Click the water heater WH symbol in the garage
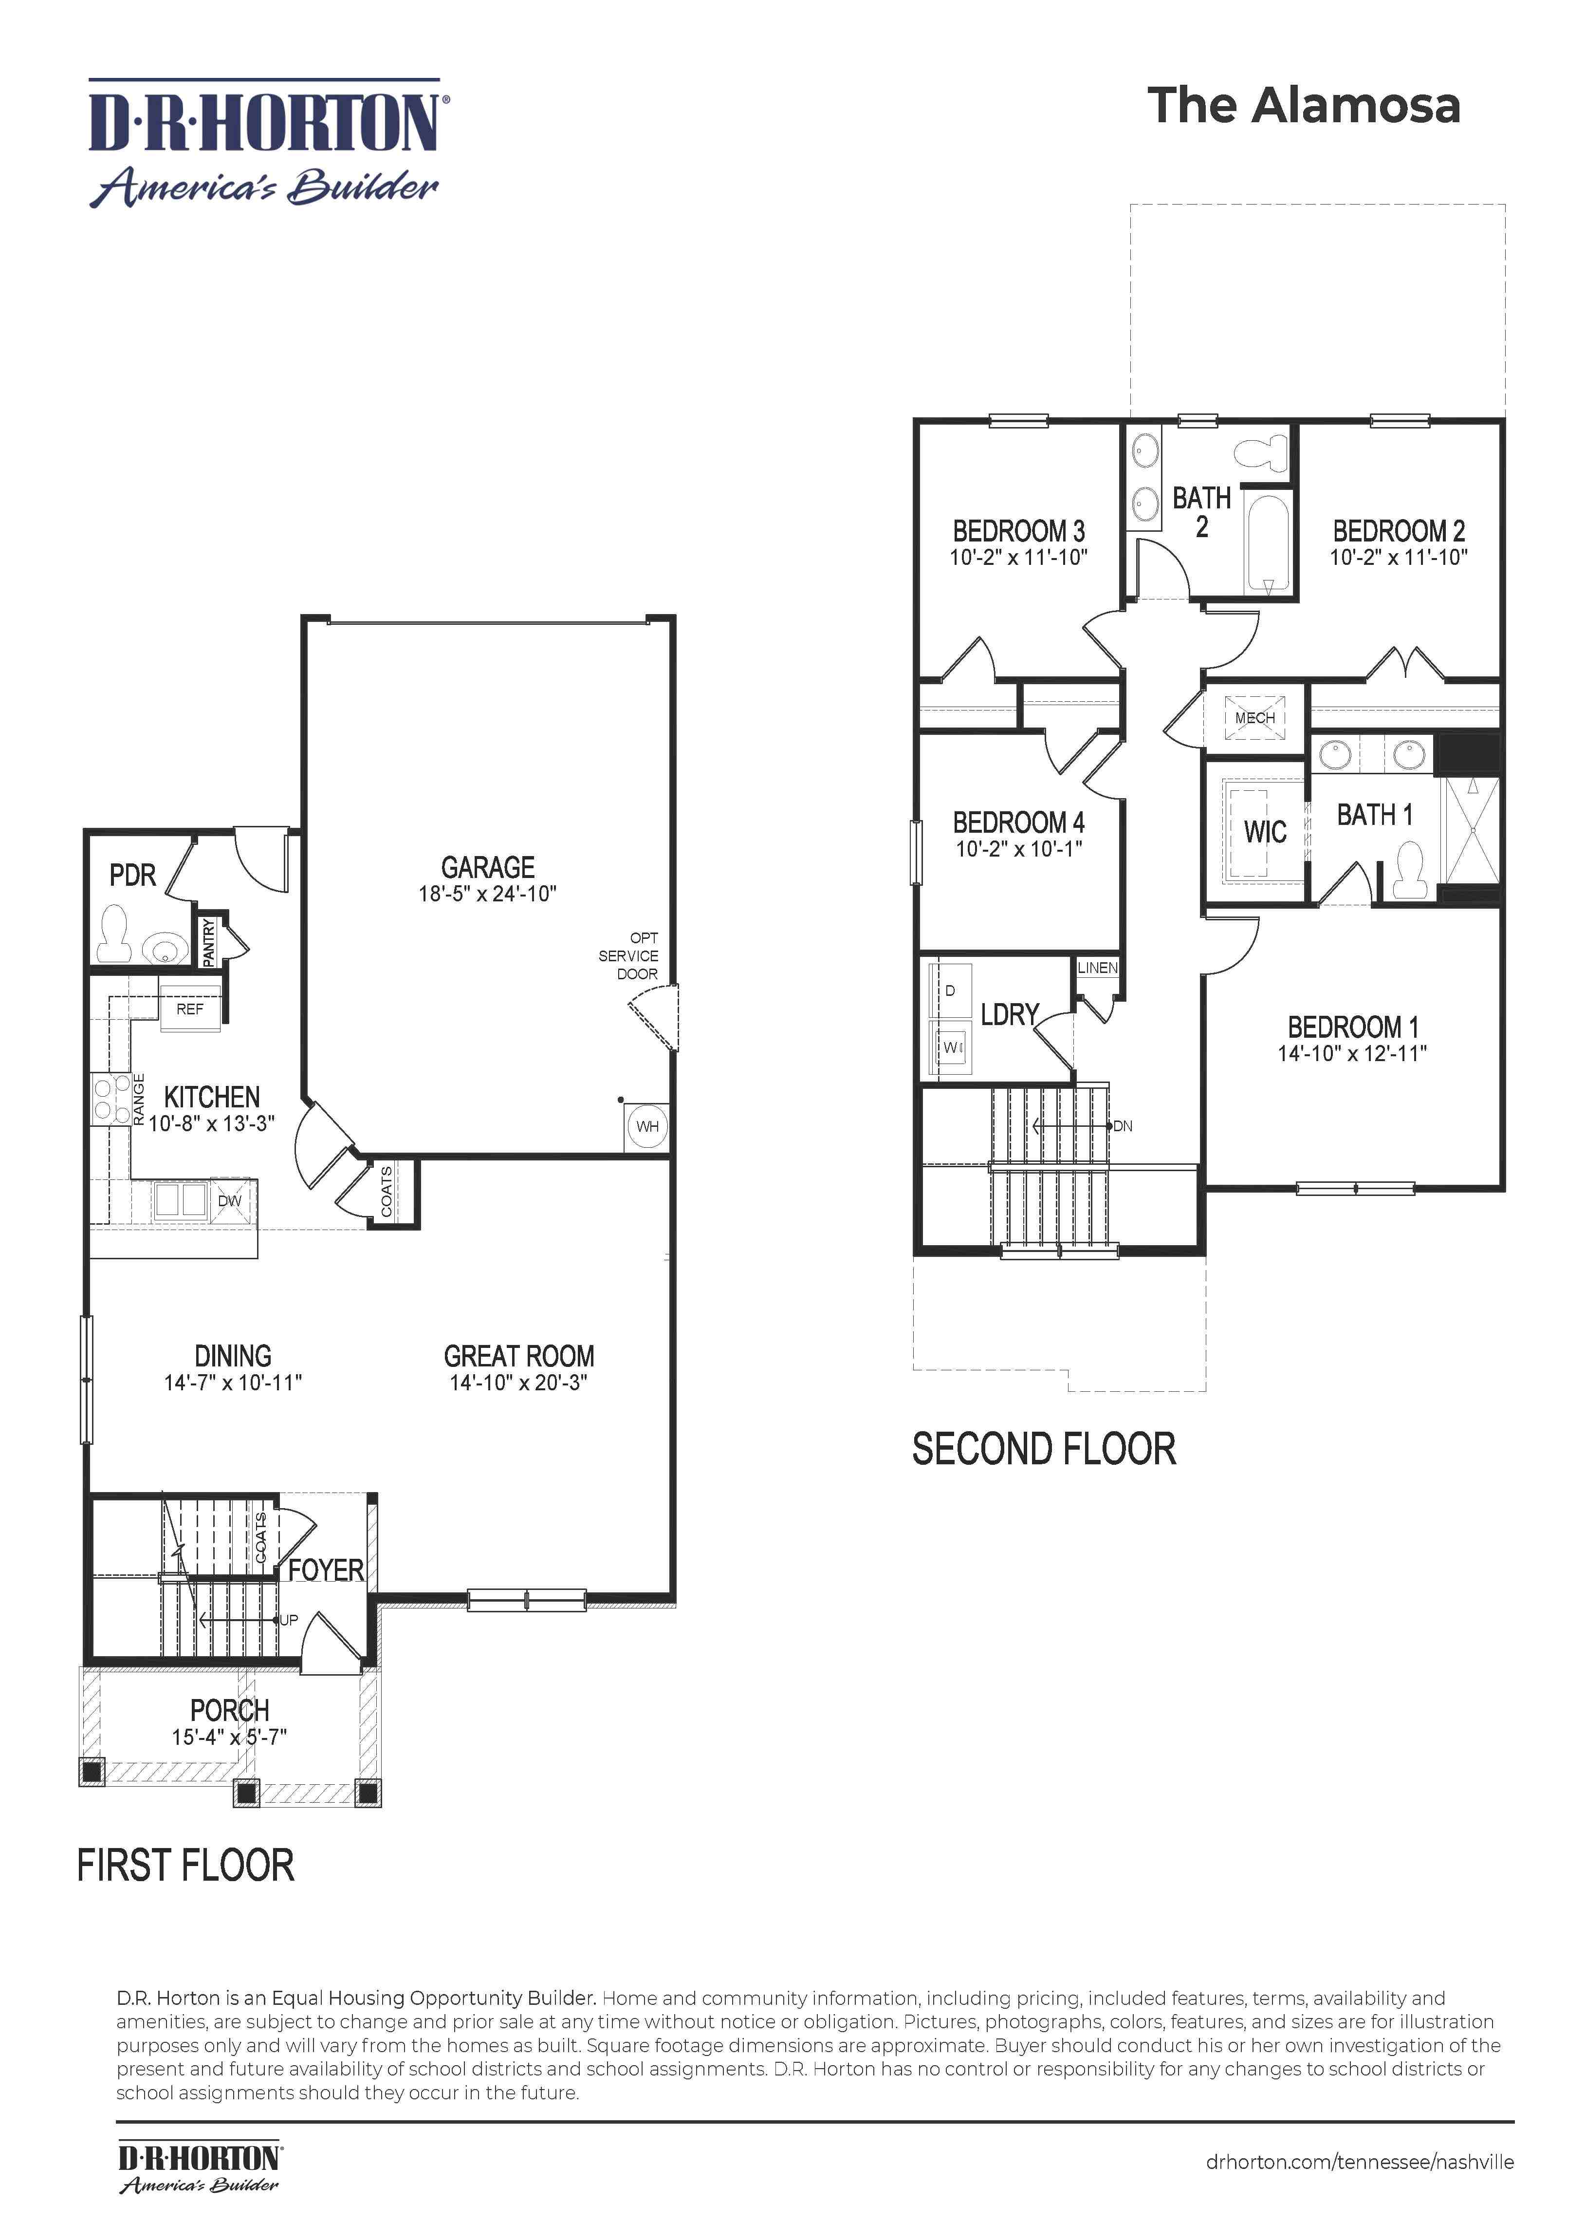click(647, 1126)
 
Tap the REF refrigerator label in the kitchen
click(189, 1009)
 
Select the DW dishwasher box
click(229, 1200)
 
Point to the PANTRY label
click(208, 942)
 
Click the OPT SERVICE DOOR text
click(629, 956)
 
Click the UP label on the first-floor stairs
click(289, 1620)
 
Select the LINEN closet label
click(1097, 968)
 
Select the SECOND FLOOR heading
click(1043, 1449)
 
